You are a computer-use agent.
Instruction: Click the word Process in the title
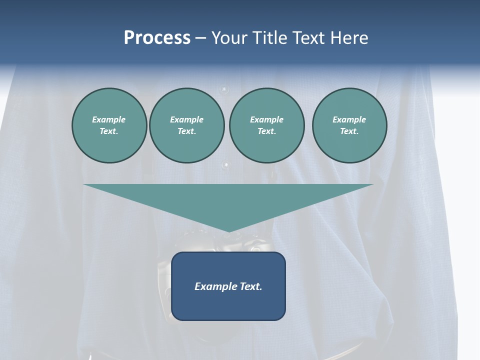click(157, 38)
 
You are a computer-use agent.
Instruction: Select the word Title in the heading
click(271, 38)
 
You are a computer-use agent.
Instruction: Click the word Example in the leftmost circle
click(109, 119)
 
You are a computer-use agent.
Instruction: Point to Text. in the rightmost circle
click(349, 131)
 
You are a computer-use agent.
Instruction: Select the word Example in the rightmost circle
click(349, 119)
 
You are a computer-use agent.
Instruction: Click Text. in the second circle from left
click(187, 131)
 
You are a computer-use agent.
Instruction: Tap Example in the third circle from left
click(267, 119)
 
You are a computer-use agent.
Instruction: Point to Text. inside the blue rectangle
click(250, 286)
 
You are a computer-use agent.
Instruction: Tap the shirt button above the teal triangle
click(226, 164)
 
